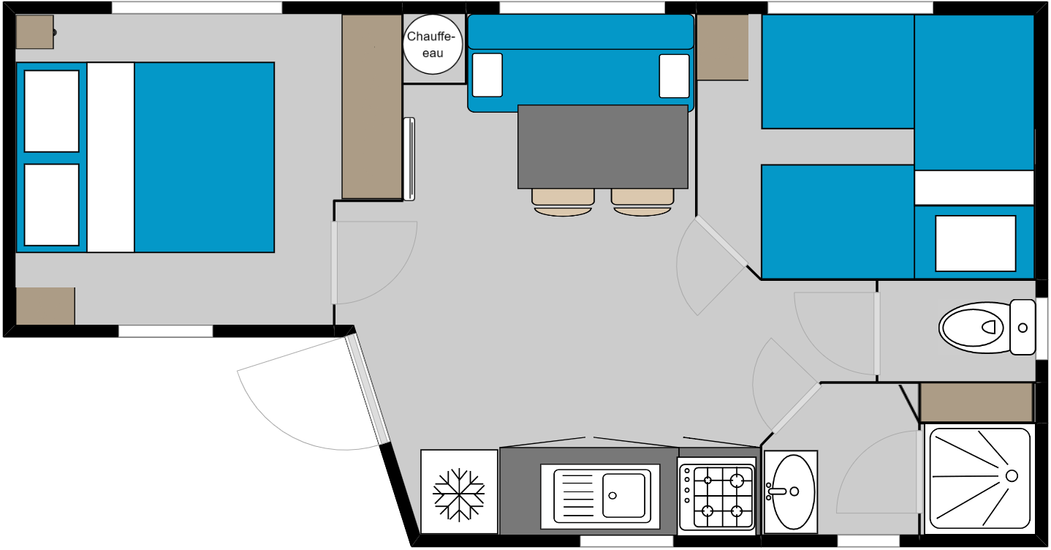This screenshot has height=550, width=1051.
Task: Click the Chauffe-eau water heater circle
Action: tap(433, 44)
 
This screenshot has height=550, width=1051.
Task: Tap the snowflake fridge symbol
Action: tap(458, 494)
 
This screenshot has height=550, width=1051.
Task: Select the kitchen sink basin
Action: tap(623, 495)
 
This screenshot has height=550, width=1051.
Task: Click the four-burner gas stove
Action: tap(717, 497)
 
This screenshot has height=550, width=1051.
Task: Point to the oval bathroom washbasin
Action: tap(794, 491)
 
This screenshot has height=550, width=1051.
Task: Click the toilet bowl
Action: tap(975, 328)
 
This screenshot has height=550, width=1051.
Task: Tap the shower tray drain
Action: tap(1012, 476)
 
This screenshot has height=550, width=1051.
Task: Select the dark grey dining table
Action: tap(603, 146)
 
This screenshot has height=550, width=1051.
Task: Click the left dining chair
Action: tap(563, 203)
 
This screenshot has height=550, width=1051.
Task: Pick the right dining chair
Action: tap(642, 203)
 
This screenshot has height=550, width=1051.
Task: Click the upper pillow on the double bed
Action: tap(52, 111)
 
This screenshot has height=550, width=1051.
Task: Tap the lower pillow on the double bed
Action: tap(52, 205)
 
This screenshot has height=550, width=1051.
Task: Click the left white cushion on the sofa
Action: tap(487, 75)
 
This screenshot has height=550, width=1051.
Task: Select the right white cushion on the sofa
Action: tap(675, 76)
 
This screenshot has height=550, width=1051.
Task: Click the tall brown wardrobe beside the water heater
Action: tap(371, 107)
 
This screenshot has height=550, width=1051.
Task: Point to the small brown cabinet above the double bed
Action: tap(35, 32)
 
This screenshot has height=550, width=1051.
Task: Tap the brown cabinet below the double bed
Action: tap(45, 306)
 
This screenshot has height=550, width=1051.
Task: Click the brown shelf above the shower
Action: tap(976, 402)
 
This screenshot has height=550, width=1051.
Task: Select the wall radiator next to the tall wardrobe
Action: tap(409, 159)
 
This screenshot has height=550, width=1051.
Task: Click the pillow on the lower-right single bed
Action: tap(976, 244)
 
